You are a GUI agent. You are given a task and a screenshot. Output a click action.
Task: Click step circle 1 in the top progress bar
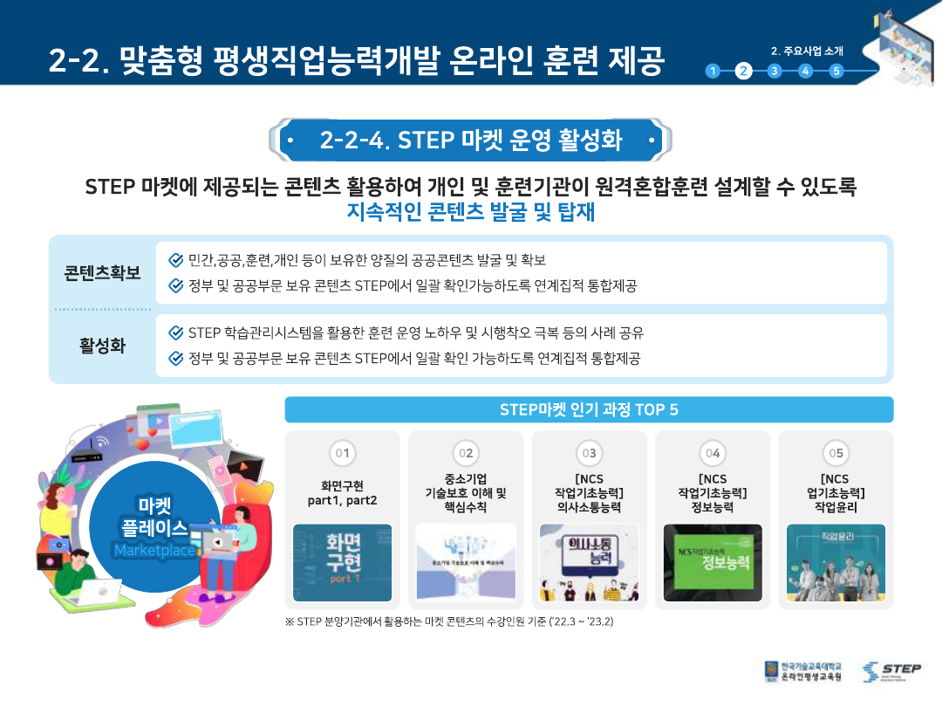point(713,72)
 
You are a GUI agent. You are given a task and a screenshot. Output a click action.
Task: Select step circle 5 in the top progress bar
point(836,72)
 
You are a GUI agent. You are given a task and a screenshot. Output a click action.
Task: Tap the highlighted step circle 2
point(744,72)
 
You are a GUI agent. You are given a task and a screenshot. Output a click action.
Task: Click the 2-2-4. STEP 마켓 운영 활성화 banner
point(471,140)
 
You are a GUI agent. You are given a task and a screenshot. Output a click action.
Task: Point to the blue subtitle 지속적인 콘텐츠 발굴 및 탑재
point(471,212)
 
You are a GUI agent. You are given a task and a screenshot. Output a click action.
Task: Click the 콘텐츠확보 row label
point(102,272)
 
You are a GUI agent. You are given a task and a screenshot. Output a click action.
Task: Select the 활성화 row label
point(102,346)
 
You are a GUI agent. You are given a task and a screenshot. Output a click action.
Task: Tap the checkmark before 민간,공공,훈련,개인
point(175,260)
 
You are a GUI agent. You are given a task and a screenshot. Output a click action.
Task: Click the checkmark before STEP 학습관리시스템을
point(175,333)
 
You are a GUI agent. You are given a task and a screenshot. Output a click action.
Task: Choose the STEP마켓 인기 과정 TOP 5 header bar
point(589,409)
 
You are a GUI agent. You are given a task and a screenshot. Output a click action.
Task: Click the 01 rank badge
point(343,453)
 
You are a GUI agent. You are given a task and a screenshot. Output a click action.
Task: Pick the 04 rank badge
point(713,453)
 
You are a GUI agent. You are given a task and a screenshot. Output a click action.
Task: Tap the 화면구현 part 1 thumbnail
point(343,563)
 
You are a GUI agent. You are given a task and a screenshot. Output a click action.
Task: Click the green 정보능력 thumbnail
point(713,563)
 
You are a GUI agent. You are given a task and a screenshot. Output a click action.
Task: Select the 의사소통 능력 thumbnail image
point(590,563)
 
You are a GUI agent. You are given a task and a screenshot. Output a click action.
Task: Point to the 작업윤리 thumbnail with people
point(836,563)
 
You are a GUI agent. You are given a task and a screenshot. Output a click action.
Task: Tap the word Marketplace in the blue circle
point(154,551)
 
